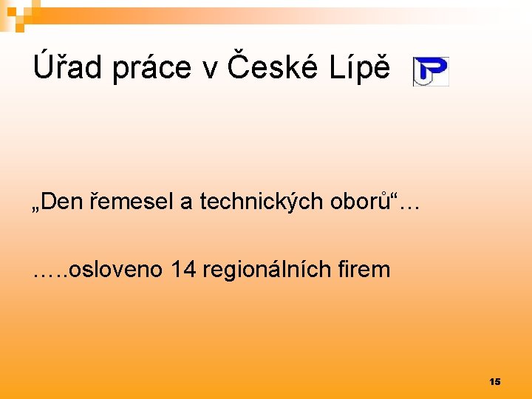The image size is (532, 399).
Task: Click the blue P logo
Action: tap(431, 72)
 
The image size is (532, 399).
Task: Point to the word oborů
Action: tap(363, 202)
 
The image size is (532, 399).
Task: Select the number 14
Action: tap(183, 270)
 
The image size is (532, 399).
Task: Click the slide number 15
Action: tap(494, 381)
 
